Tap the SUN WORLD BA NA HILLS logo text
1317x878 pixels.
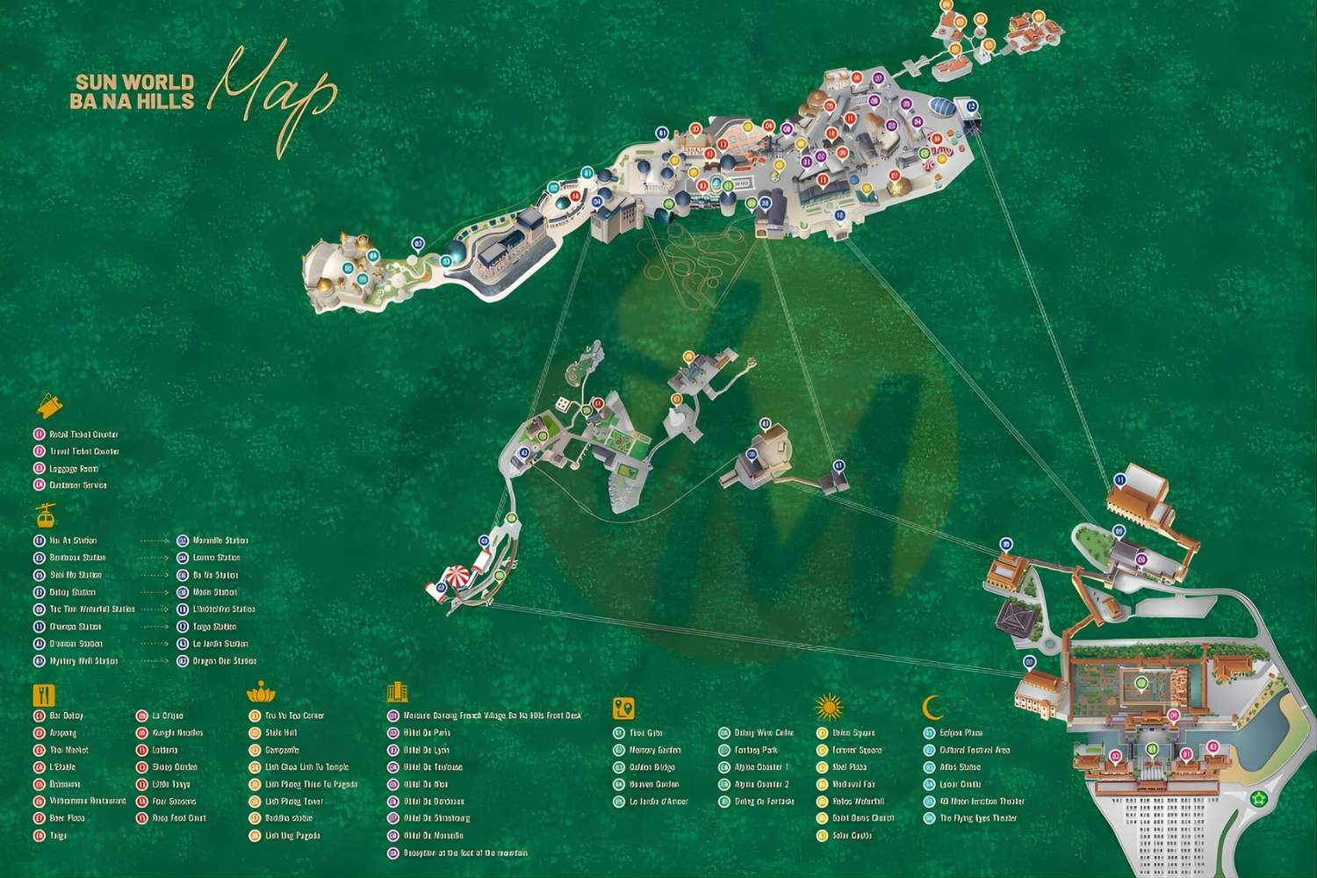133,91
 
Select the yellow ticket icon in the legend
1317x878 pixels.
49,406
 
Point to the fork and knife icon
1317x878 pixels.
44,695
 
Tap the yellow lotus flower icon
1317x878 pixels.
261,694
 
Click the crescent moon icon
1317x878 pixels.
933,707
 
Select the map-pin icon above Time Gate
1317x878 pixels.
623,708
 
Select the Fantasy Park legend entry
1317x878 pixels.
756,751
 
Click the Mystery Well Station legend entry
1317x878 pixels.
83,661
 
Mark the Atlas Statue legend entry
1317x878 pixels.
960,767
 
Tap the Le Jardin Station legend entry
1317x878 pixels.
220,644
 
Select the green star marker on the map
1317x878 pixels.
1259,798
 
